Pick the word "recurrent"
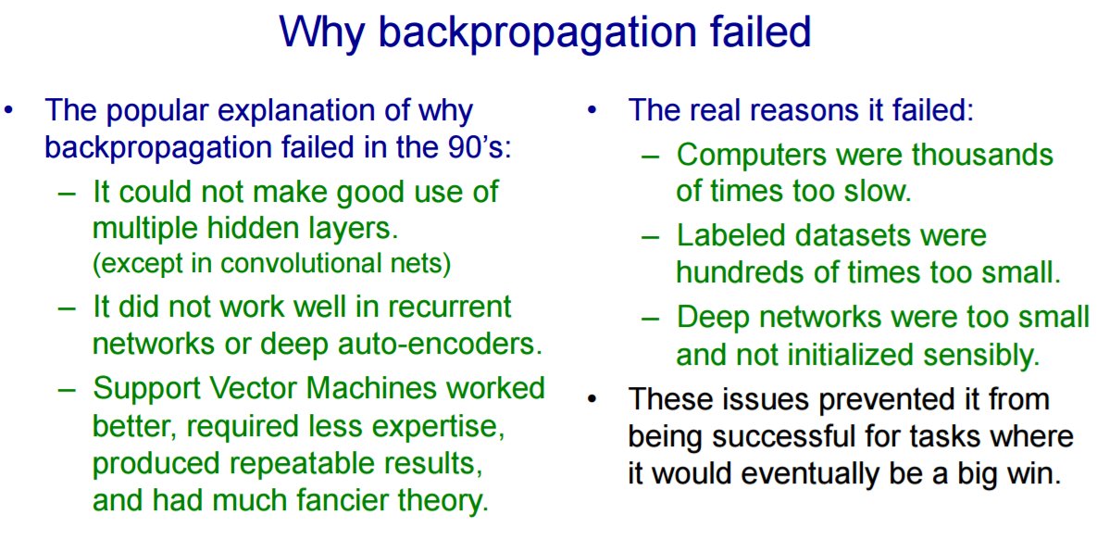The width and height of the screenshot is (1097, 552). pos(449,307)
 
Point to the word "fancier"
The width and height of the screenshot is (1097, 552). pos(339,500)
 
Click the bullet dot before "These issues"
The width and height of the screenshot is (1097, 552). pos(592,400)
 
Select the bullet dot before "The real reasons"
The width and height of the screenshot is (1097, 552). pos(592,110)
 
